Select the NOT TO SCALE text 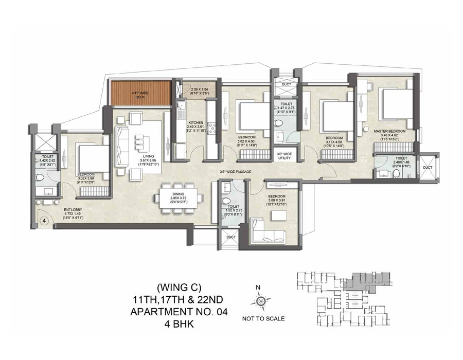pos(263,319)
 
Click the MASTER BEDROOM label pos(389,132)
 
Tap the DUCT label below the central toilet pos(230,237)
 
